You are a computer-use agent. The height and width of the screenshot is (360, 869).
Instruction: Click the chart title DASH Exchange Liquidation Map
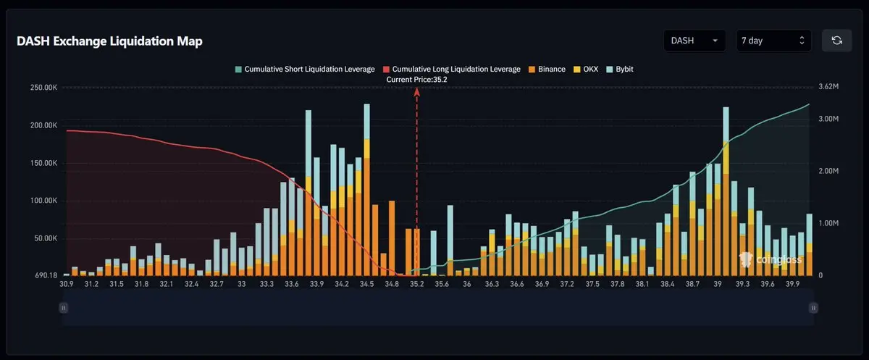point(109,41)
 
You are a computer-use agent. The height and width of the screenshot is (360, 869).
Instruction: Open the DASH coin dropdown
point(694,41)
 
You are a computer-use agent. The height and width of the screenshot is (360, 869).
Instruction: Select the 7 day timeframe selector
point(773,41)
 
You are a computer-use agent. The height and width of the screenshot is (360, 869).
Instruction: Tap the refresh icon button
point(837,41)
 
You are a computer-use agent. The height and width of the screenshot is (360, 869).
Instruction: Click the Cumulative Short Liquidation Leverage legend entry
point(305,69)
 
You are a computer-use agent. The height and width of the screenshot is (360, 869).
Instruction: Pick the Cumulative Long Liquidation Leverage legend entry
point(452,69)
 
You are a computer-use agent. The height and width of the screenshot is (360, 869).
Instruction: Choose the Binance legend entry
point(547,69)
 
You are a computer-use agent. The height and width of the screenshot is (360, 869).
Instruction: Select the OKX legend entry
point(586,69)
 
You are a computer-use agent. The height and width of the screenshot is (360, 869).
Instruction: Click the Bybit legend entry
point(620,69)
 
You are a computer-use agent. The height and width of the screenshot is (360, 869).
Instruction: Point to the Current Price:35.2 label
point(416,80)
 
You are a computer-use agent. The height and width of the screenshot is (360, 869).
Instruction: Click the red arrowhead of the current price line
point(416,91)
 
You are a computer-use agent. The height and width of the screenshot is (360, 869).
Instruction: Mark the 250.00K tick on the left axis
point(44,88)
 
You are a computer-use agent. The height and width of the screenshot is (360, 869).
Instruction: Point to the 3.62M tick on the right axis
point(828,86)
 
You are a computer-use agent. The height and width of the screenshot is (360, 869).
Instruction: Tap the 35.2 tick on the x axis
point(416,284)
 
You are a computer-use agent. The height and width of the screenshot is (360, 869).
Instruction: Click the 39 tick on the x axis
point(718,284)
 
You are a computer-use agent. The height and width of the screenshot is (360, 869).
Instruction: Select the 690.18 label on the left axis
point(46,275)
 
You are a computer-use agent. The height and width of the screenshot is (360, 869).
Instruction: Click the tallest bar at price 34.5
point(366,190)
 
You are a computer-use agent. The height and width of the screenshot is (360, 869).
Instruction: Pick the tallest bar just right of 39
point(726,191)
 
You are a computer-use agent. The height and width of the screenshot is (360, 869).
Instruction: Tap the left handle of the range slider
point(63,308)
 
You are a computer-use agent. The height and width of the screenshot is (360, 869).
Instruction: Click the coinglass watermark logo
point(770,259)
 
